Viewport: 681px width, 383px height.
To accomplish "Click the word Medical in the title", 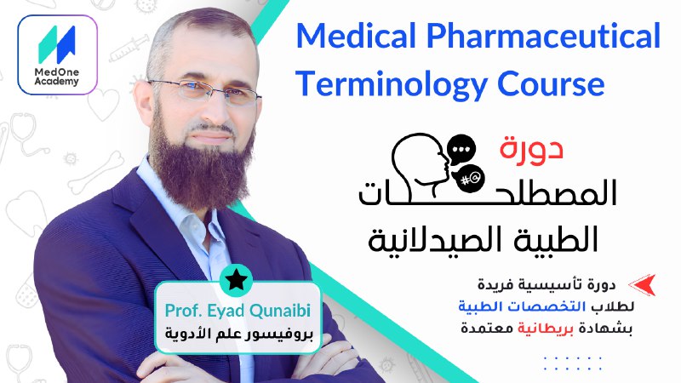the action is pos(356,36).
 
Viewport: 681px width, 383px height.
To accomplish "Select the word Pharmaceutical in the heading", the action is pos(543,36).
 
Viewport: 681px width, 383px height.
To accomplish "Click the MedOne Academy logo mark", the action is pos(57,44).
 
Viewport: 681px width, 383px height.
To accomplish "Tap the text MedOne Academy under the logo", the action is pos(57,77).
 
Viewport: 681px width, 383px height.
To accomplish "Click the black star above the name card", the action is pos(237,280).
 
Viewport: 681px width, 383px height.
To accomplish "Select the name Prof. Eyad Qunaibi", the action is pos(237,311).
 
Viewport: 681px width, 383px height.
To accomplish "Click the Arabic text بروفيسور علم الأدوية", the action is pos(238,334).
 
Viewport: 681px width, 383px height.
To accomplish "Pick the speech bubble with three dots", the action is pos(461,150).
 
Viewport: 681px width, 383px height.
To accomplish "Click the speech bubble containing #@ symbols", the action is pos(468,178).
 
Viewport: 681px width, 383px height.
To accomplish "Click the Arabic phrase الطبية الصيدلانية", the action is pos(483,240).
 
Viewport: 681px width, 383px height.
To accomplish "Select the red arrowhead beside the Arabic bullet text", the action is pos(642,285).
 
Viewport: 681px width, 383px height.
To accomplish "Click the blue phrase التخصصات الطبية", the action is pos(522,306).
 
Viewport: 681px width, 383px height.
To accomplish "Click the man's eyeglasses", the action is pos(204,91).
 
